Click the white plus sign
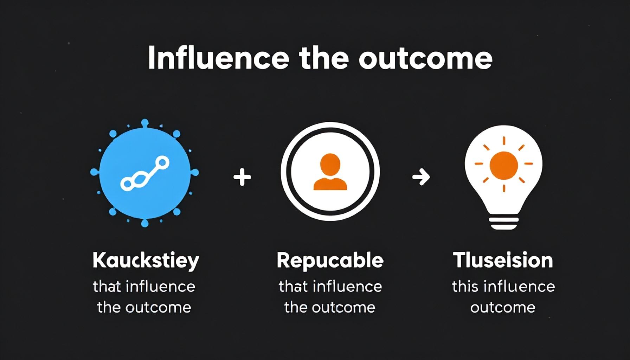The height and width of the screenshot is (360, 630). coord(242,177)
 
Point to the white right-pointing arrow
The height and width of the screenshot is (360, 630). coord(421,177)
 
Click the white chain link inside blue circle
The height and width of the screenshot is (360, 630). coord(145,174)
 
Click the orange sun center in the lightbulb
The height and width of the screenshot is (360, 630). coord(504,165)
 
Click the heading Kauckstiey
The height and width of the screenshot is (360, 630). coord(146,261)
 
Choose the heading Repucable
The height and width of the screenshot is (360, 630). coord(330,261)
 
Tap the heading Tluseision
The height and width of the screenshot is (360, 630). coord(503,261)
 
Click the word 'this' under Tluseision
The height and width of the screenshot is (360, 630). coord(465,287)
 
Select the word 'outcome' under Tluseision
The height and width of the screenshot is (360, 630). coord(503,308)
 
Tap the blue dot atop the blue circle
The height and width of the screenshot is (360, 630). coord(144,123)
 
